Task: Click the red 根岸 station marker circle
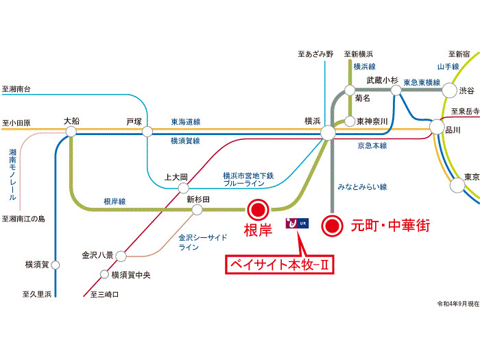coord(258,210)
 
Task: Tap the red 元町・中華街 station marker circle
coord(332,226)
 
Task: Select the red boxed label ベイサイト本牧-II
coord(280,265)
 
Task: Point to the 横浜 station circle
coord(328,133)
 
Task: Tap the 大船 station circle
coord(71,132)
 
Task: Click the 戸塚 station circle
coord(147,132)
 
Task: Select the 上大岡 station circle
coord(183,188)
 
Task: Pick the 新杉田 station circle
coord(197,210)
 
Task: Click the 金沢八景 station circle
coord(121,256)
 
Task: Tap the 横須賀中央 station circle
coord(104,274)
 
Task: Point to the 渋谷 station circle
coord(449,90)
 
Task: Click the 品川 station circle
coord(437,127)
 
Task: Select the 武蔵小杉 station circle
coord(396,90)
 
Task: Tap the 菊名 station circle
coord(350,90)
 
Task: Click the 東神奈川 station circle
coord(350,121)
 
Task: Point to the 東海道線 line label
coord(186,122)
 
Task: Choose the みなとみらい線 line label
coord(362,187)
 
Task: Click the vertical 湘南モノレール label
coord(12,174)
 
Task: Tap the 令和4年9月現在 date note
coord(458,304)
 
